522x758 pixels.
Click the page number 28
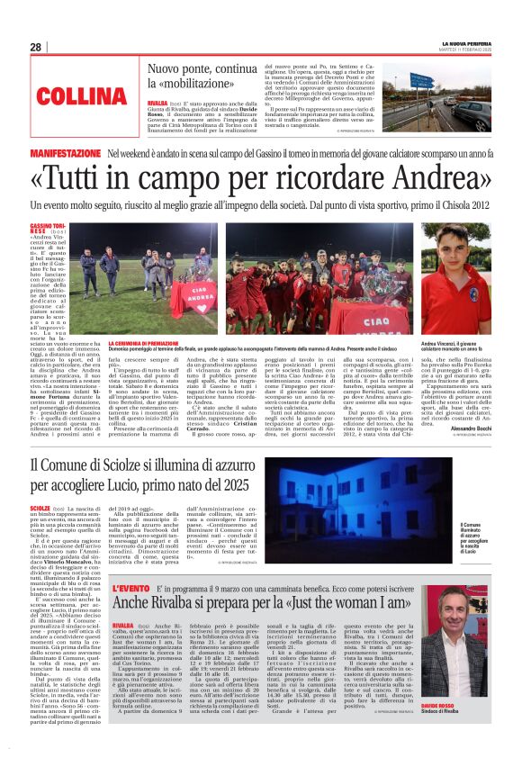tap(35, 47)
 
